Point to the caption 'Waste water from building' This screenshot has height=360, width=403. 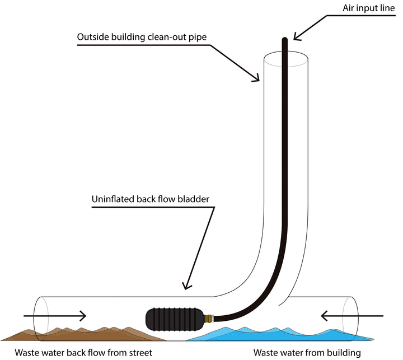click(306, 353)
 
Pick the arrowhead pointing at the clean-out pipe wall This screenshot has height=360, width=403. click(256, 78)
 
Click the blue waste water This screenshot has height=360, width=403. click(291, 335)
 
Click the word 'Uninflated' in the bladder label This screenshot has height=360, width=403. click(110, 199)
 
